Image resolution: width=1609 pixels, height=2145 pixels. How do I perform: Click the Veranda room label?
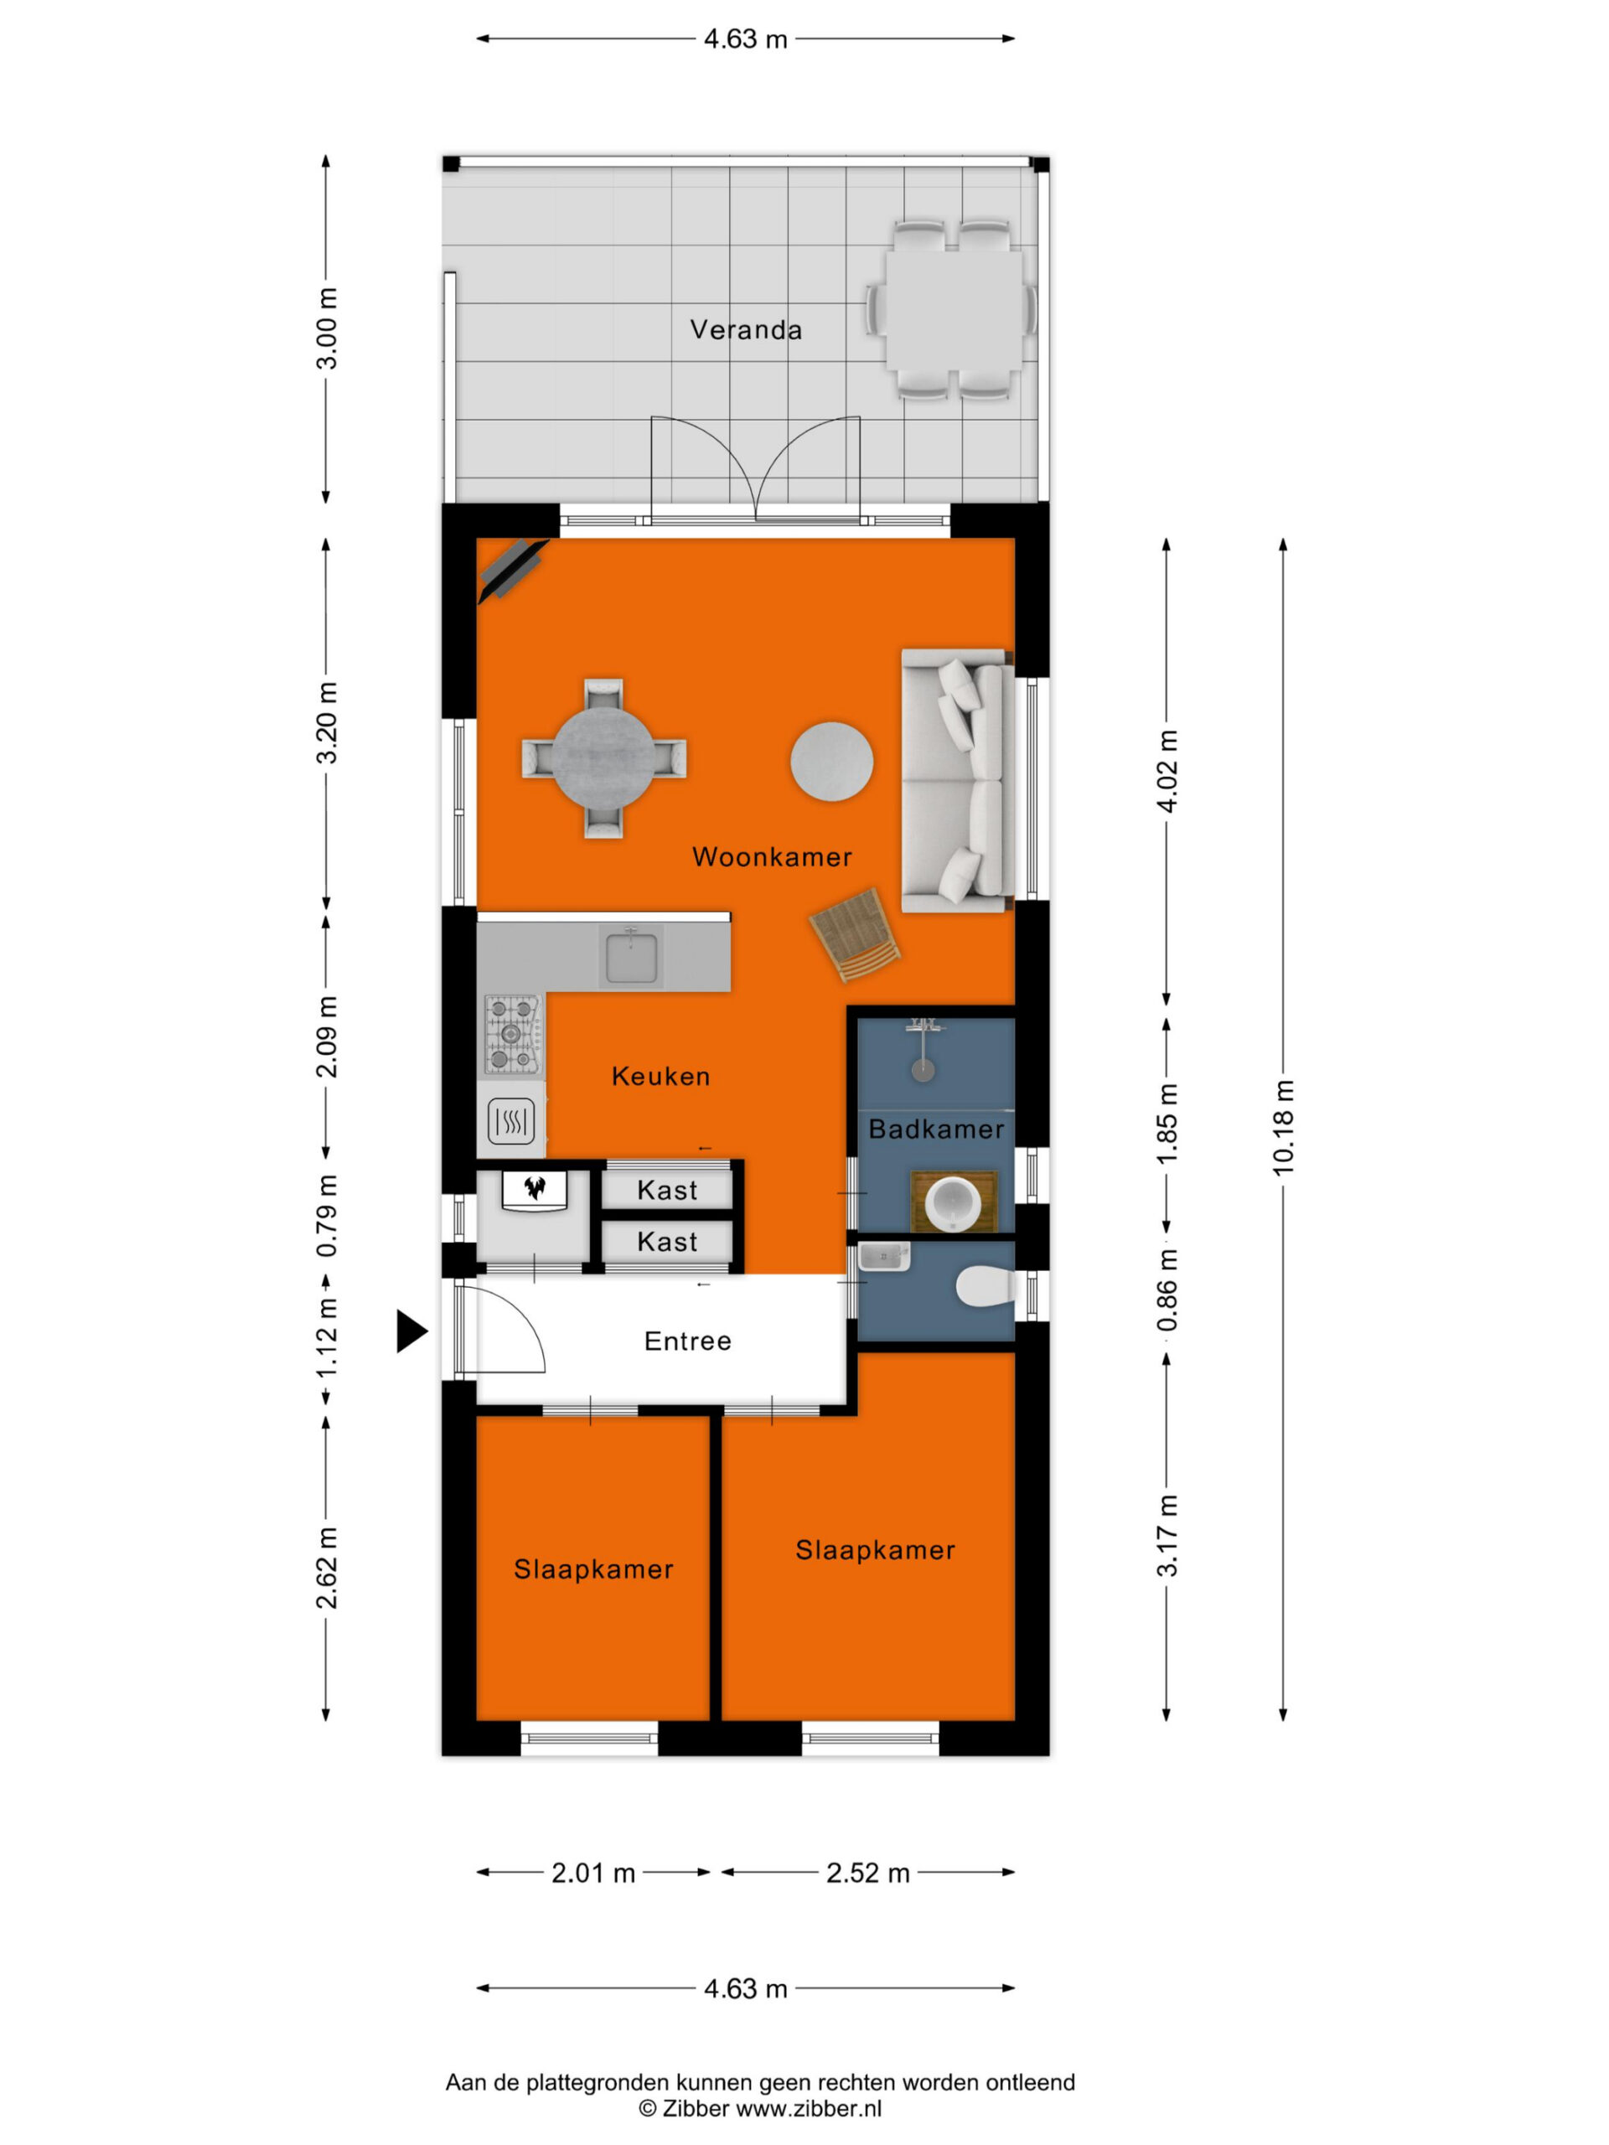click(746, 329)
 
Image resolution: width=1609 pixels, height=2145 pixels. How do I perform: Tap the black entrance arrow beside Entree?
click(411, 1331)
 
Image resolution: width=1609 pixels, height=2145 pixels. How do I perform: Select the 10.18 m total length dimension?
click(1282, 1127)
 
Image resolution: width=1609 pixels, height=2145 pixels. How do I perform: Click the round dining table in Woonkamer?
click(603, 757)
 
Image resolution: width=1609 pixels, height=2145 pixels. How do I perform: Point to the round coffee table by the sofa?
click(831, 761)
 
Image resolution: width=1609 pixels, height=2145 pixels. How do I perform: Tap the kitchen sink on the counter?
click(630, 955)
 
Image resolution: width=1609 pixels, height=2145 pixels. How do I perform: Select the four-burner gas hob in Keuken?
click(513, 1036)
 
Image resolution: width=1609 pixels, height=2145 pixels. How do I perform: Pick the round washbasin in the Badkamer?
click(954, 1202)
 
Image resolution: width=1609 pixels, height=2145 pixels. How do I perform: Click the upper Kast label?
click(667, 1190)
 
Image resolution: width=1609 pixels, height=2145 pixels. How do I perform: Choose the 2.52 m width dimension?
click(867, 1873)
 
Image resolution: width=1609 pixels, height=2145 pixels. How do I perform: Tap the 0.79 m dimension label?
click(328, 1216)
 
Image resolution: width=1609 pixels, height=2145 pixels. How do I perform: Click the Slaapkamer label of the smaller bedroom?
click(592, 1569)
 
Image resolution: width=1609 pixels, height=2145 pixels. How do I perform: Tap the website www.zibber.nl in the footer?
click(808, 2108)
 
